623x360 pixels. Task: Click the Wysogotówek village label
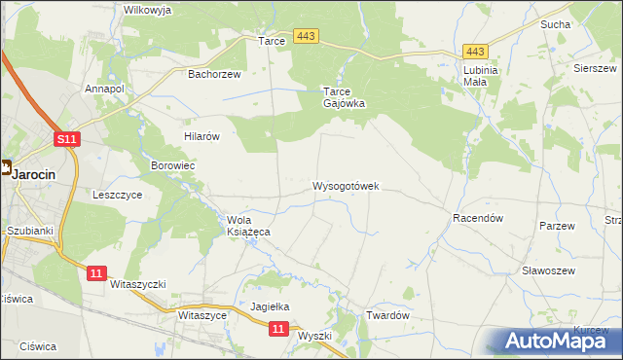pos(346,185)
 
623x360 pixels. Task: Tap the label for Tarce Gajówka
pos(345,98)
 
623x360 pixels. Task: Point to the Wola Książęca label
pos(248,226)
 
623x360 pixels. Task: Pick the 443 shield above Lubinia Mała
pos(475,52)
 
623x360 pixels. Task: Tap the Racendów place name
pos(477,219)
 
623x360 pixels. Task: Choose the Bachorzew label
pos(214,73)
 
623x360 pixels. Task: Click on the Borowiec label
pos(173,166)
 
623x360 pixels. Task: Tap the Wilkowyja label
pos(148,10)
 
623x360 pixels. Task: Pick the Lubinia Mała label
pos(481,76)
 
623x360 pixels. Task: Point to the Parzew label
pos(558,226)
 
